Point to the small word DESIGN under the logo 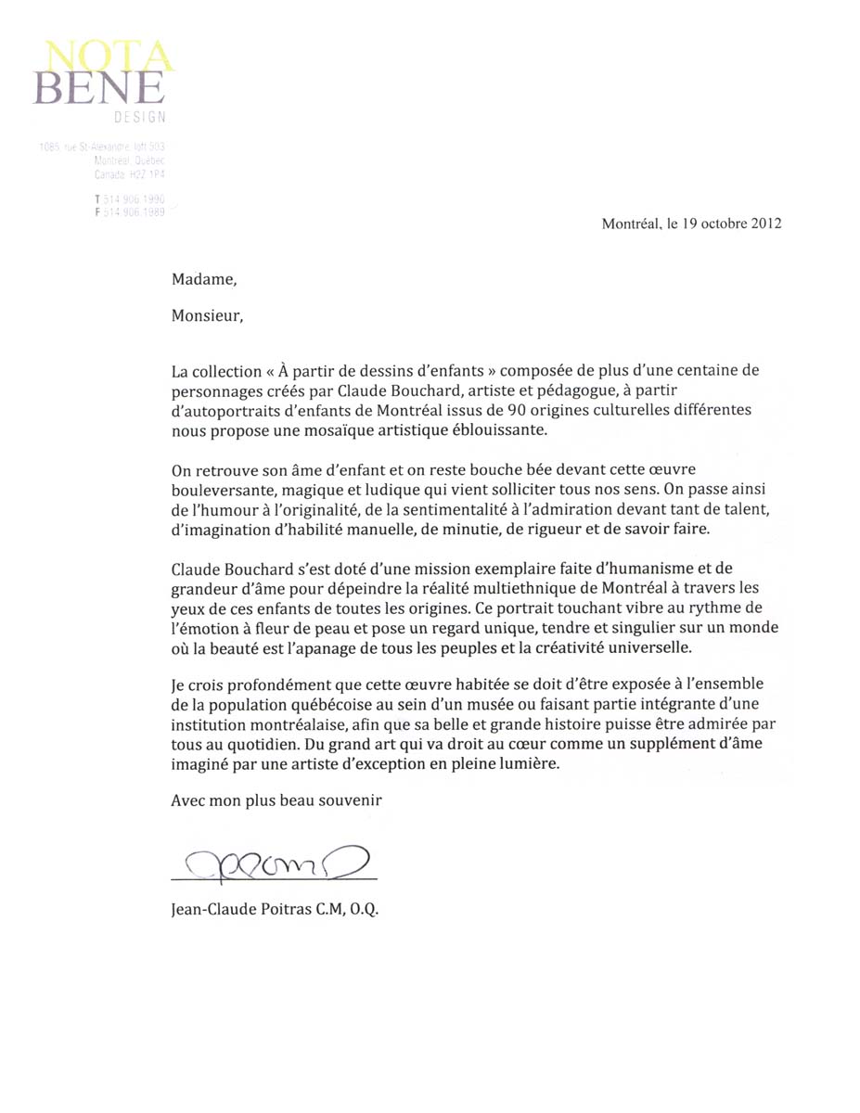pos(140,118)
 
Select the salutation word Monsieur pos(206,315)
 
